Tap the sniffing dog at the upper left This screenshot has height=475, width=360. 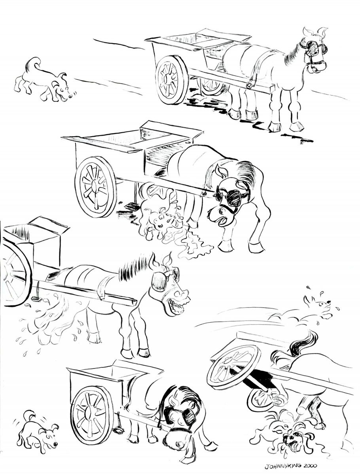(x=43, y=80)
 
